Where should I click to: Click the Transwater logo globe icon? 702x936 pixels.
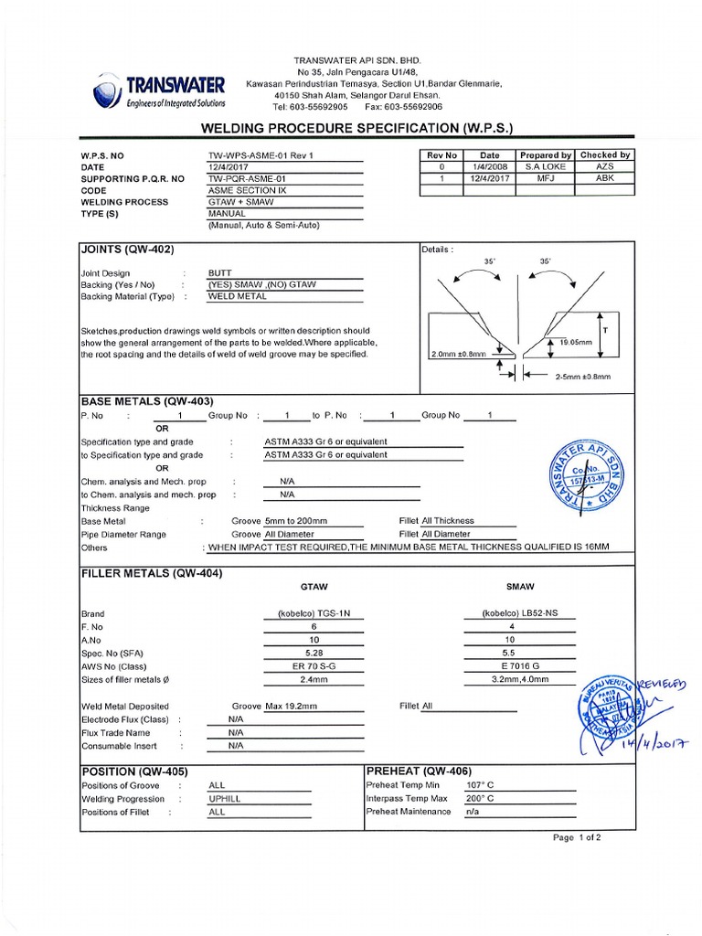[x=107, y=92]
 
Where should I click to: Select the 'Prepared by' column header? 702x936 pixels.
[x=545, y=155]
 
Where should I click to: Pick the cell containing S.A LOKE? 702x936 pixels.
[x=545, y=167]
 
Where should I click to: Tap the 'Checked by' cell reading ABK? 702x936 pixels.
[x=605, y=179]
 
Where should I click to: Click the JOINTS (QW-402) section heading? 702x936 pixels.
[x=128, y=250]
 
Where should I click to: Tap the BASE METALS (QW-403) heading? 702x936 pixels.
[x=147, y=400]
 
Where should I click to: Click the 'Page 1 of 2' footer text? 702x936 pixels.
[x=577, y=836]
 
